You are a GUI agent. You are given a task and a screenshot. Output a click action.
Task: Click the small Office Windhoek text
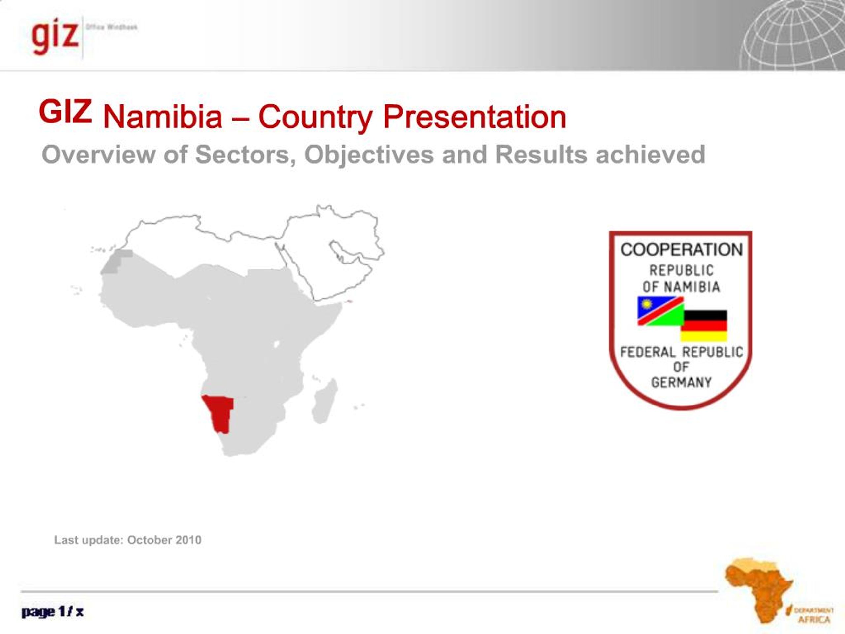pyautogui.click(x=112, y=27)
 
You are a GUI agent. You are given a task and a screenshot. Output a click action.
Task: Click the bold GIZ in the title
pyautogui.click(x=65, y=111)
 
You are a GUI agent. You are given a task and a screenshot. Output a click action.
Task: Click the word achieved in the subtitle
pyautogui.click(x=650, y=155)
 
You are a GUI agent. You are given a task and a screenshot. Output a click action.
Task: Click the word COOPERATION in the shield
pyautogui.click(x=682, y=250)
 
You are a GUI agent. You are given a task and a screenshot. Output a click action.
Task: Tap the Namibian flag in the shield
pyautogui.click(x=660, y=310)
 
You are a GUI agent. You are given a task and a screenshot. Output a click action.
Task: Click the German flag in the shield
pyautogui.click(x=704, y=326)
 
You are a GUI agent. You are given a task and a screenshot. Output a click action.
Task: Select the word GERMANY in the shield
pyautogui.click(x=681, y=382)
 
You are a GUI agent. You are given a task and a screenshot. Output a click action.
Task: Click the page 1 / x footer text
pyautogui.click(x=52, y=612)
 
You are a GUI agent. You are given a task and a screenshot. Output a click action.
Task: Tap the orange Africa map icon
pyautogui.click(x=758, y=588)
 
